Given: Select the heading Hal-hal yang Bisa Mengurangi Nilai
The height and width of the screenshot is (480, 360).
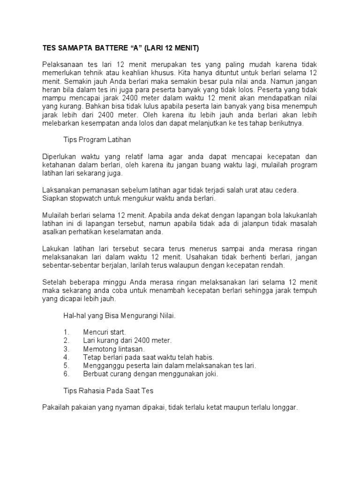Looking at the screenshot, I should tap(120, 315).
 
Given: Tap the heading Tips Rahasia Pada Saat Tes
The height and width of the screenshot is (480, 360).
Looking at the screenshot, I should tap(108, 390).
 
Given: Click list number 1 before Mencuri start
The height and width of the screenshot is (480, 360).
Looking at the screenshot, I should tap(66, 332).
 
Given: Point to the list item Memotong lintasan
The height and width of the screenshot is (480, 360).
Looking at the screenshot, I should tap(114, 349).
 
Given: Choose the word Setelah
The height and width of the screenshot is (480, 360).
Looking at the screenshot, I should tap(55, 282).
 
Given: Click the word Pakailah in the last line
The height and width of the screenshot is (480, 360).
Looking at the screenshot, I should tap(55, 408).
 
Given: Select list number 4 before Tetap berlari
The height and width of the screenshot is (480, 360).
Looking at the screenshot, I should tap(66, 357).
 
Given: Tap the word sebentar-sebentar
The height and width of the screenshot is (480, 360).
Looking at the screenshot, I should tap(75, 265).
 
